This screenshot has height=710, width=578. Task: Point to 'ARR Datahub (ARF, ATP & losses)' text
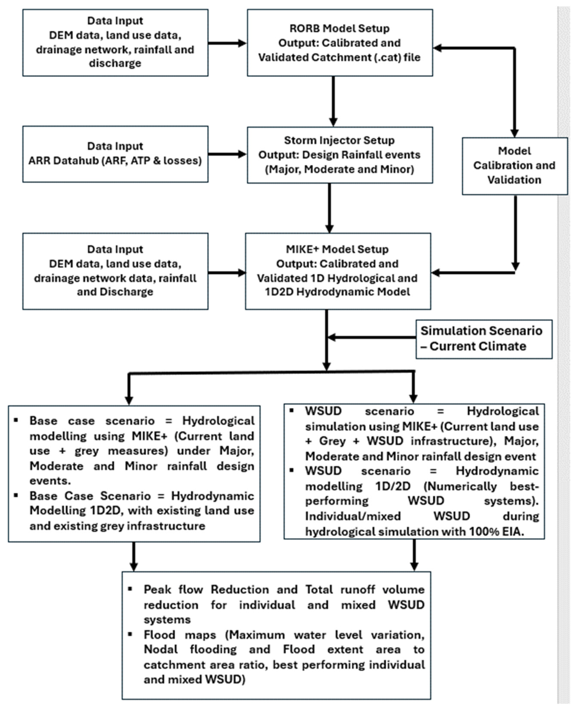[x=115, y=161]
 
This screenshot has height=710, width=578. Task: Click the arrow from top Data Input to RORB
[x=227, y=43]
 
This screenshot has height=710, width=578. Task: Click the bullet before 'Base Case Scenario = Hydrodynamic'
[x=16, y=495]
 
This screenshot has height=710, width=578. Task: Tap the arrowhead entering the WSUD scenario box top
[x=413, y=398]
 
